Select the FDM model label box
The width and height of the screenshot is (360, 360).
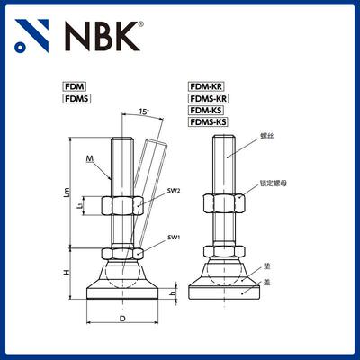[74, 86]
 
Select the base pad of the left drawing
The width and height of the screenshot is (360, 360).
[123, 291]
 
